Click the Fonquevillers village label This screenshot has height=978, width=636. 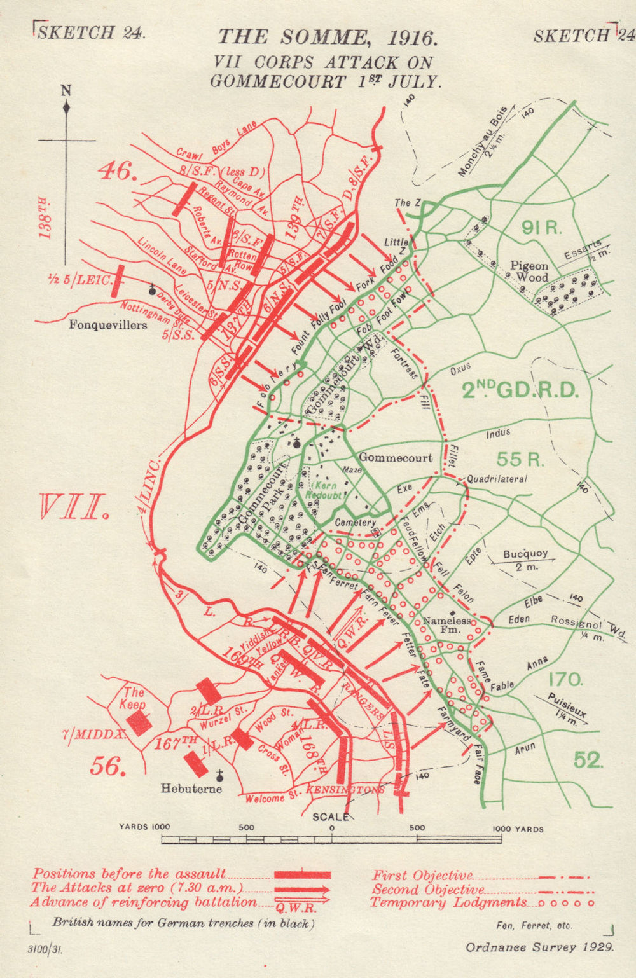pos(107,324)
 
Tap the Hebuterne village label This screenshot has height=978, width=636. pos(191,789)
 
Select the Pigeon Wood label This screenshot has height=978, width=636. pos(529,272)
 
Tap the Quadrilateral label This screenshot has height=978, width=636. pos(497,479)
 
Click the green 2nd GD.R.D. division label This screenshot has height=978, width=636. pos(520,389)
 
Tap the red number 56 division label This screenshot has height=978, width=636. pos(106,766)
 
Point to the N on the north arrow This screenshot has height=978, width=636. pos(66,90)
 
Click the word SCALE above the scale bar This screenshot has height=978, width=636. pos(330,816)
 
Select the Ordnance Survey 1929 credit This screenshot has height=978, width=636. pos(540,947)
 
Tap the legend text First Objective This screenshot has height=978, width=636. pos(422,876)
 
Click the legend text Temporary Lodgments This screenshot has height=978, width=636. pos(448,902)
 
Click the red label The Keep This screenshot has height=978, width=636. pos(134,698)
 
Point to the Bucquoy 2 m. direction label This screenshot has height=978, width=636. pos(525,560)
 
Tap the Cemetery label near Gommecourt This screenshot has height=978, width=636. pos(355,522)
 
